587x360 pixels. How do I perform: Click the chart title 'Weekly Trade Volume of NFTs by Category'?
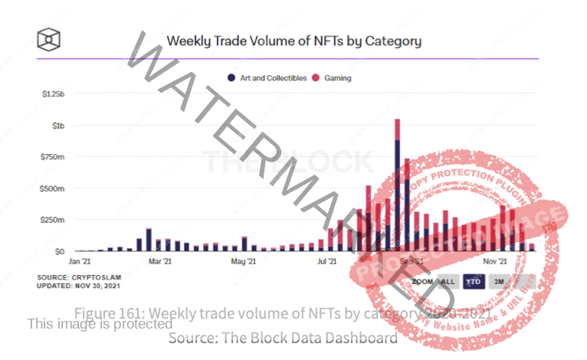[293, 40]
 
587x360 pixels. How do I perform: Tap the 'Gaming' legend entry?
[338, 77]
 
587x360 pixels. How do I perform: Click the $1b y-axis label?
[59, 125]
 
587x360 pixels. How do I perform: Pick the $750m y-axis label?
[54, 156]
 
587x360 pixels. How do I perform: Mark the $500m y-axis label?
[54, 188]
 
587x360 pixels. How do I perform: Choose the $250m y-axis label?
[54, 220]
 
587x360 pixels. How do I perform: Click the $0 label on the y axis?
[59, 251]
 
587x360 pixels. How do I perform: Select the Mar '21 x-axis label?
[159, 261]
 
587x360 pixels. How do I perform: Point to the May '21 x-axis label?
[243, 261]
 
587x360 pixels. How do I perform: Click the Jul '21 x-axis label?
[327, 261]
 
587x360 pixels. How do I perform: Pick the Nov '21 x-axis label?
[494, 261]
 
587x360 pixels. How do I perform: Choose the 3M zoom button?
[498, 281]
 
